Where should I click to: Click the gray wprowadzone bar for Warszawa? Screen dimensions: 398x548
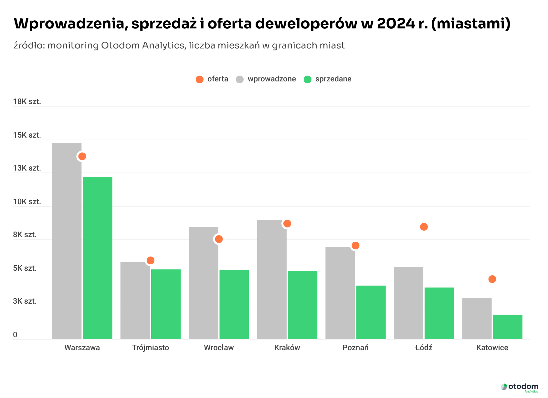tap(67, 241)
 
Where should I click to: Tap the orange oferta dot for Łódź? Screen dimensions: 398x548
tap(424, 227)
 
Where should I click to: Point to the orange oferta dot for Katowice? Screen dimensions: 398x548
tap(492, 279)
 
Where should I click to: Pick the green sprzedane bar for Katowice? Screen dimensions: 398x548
tap(508, 327)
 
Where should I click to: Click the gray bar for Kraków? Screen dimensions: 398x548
tap(272, 279)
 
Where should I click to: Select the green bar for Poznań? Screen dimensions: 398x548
tap(371, 312)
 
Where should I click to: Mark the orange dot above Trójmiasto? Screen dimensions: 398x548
tap(151, 260)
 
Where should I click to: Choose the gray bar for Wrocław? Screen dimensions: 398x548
tap(203, 283)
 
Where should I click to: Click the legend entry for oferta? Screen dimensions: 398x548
tap(212, 79)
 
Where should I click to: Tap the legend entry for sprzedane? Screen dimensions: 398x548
tap(328, 79)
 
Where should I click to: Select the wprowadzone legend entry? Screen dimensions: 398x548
tap(266, 79)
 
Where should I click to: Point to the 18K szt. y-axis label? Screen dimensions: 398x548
tap(27, 102)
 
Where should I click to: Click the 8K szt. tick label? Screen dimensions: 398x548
tap(25, 235)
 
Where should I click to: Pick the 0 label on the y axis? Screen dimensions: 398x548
tap(15, 335)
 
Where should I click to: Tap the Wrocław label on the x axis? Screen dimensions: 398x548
tap(219, 348)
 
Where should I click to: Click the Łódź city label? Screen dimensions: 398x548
tap(424, 348)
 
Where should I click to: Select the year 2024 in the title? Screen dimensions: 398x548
tap(395, 24)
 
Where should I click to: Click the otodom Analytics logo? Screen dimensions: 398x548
tap(520, 387)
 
